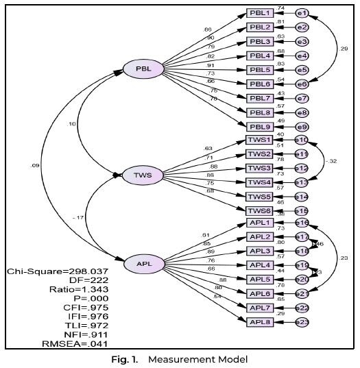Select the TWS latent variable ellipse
(x=143, y=175)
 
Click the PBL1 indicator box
(x=260, y=13)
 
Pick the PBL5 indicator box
(x=260, y=70)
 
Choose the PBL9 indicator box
(x=260, y=126)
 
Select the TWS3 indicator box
(x=260, y=168)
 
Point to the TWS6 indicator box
(x=260, y=210)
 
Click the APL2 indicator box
(x=260, y=237)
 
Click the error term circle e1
(x=302, y=13)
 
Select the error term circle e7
(x=302, y=98)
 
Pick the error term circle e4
(x=302, y=56)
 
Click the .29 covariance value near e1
(x=344, y=49)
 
